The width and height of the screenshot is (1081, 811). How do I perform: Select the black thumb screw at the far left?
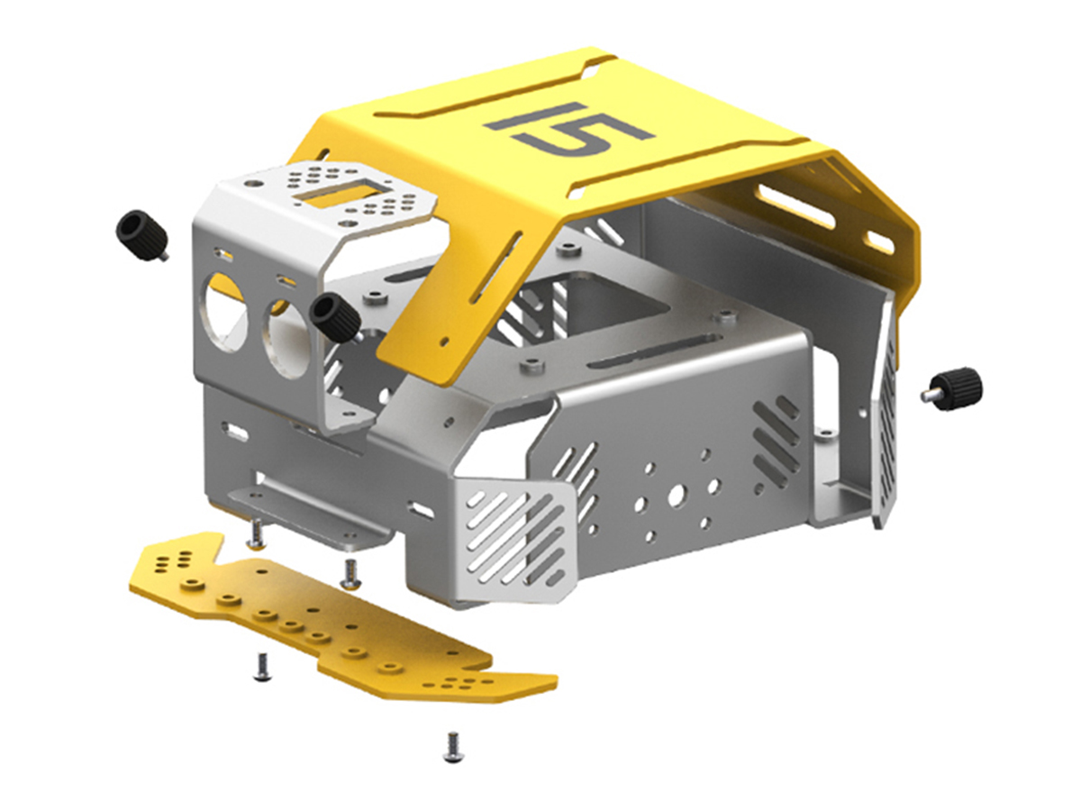[143, 234]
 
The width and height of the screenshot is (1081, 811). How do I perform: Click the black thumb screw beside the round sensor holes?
[335, 317]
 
